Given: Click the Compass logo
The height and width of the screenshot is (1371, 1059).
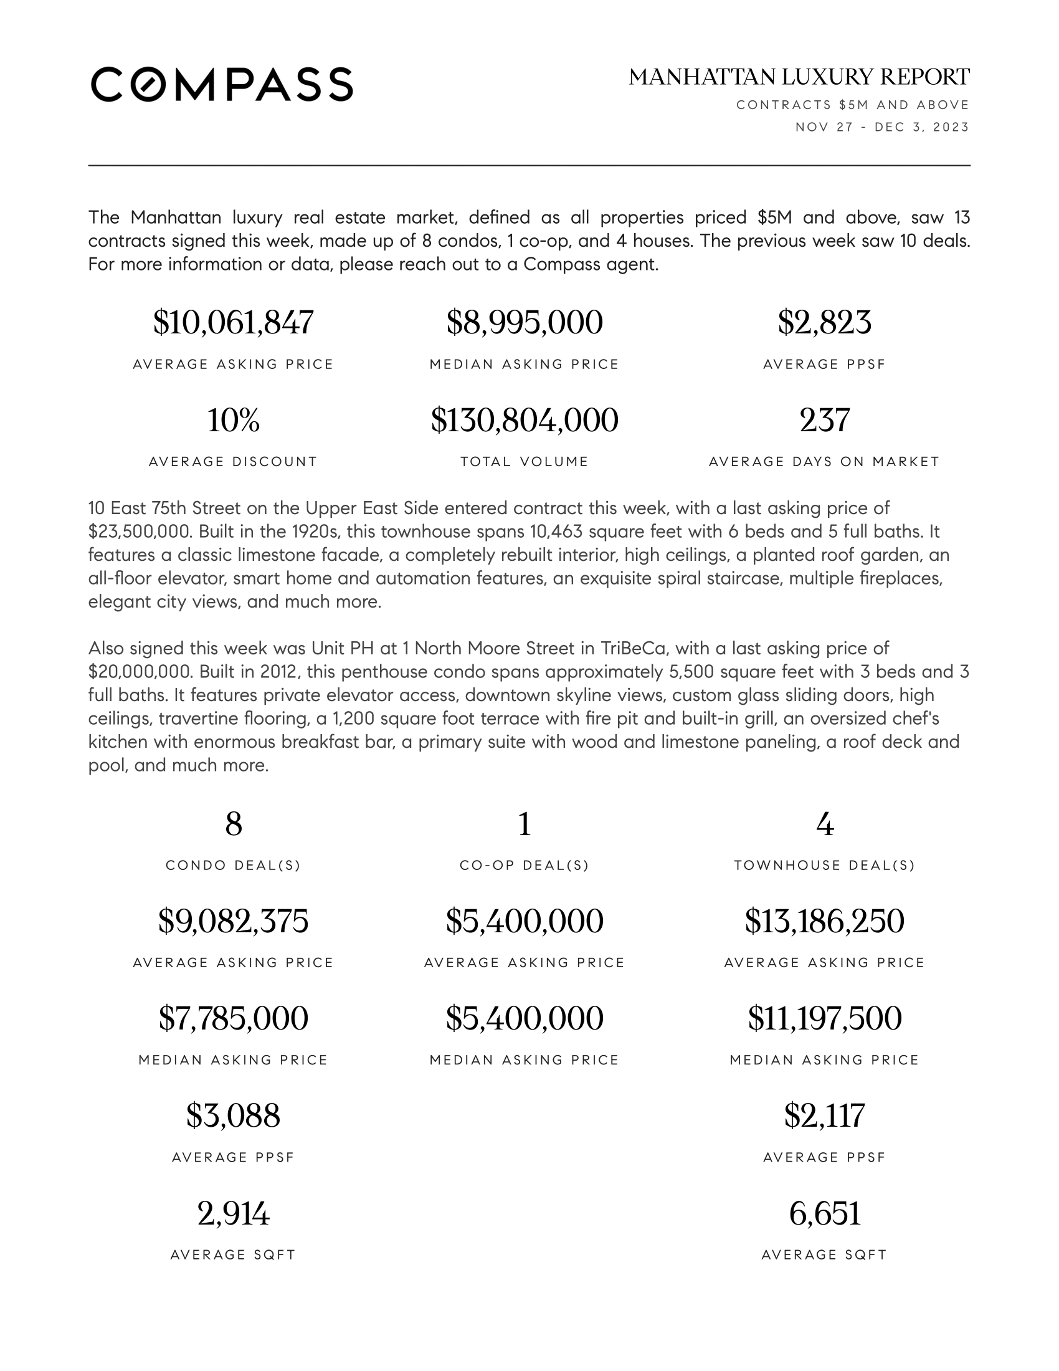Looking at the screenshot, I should point(222,84).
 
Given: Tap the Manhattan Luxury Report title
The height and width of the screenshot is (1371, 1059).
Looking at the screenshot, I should point(799,77).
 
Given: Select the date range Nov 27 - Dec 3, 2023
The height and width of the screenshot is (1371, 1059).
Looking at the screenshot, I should point(882,127).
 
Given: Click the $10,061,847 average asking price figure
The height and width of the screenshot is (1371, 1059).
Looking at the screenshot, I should point(233,323).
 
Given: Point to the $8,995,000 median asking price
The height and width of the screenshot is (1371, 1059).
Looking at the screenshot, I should point(525,323).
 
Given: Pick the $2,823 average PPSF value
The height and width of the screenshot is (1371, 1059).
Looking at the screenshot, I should point(824,323).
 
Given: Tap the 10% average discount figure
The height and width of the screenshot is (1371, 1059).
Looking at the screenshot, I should point(233,420).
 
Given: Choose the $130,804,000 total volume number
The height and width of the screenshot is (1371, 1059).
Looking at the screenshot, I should point(525,420).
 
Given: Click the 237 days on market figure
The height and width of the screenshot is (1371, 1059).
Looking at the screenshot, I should point(824,420).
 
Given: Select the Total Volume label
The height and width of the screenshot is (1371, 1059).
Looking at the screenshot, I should point(525,462).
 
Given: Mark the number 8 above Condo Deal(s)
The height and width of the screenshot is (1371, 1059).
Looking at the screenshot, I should point(234,824).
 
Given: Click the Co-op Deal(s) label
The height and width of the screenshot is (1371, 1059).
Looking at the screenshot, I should point(525,866).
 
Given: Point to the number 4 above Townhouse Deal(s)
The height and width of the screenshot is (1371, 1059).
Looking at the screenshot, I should point(824,824).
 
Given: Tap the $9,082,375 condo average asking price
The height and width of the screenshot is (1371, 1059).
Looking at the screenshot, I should point(233,922).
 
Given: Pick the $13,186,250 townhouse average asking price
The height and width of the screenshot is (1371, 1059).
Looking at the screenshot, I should point(824,922).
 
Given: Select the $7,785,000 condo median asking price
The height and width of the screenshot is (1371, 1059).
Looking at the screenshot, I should point(233,1018).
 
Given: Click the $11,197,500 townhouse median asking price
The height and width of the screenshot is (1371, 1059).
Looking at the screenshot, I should point(824,1018).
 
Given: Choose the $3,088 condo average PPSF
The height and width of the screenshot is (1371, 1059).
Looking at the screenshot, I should point(233,1115).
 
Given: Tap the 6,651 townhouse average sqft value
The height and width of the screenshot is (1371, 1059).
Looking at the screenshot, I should point(824,1213).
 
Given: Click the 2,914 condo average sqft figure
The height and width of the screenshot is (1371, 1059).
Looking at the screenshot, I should point(233,1213).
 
